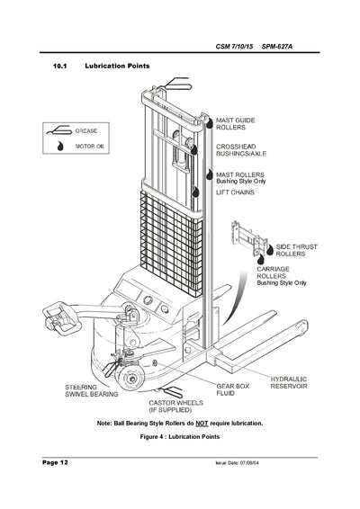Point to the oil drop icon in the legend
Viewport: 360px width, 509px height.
pyautogui.click(x=61, y=144)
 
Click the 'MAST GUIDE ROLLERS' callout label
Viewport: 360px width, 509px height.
pyautogui.click(x=237, y=123)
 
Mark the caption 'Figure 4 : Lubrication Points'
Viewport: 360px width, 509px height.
pyautogui.click(x=179, y=437)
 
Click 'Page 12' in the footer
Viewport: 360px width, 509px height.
pyautogui.click(x=55, y=461)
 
